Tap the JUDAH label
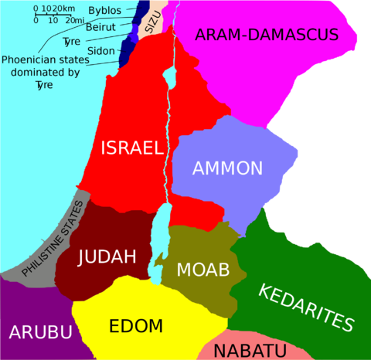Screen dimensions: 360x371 (x=107, y=256)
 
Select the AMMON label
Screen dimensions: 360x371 (x=228, y=168)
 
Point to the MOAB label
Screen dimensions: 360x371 (x=203, y=270)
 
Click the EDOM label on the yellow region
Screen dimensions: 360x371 (x=136, y=324)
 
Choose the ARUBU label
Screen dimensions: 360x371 (x=40, y=332)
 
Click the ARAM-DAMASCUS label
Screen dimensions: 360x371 (x=267, y=34)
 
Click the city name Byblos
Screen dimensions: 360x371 (x=104, y=10)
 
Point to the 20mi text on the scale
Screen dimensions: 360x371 (x=75, y=20)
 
